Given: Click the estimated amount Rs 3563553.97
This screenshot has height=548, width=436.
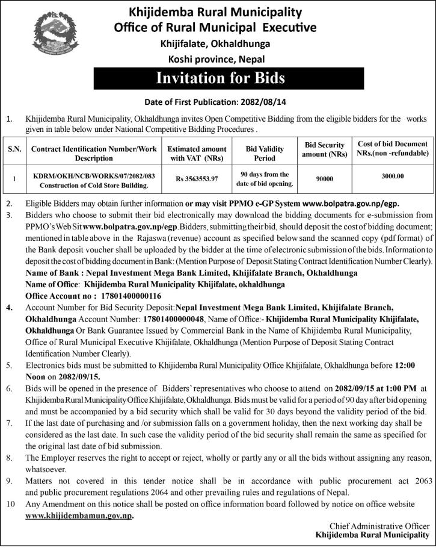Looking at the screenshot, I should (x=197, y=179).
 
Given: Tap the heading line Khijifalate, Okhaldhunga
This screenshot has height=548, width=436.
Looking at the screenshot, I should (x=215, y=43).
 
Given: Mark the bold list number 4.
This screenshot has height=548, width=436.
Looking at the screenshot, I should (x=9, y=308).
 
